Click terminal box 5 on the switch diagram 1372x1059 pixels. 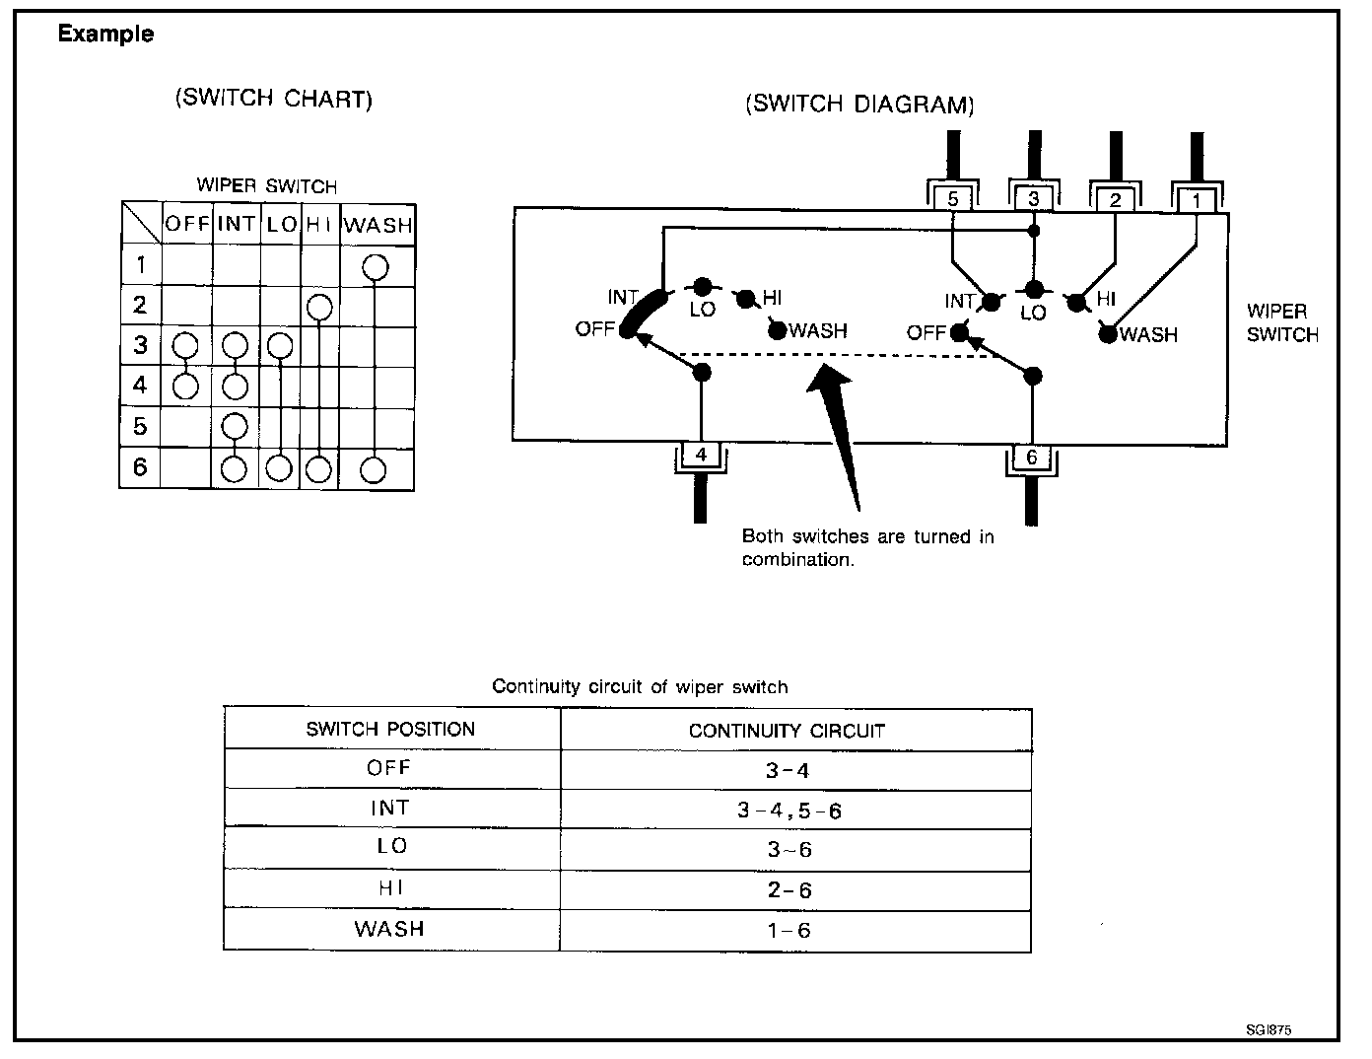click(x=952, y=199)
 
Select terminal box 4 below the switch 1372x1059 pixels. click(x=701, y=455)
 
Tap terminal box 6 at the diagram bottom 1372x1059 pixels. click(x=1032, y=457)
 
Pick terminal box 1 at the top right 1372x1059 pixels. click(x=1196, y=201)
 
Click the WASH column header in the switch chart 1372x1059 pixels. click(x=377, y=224)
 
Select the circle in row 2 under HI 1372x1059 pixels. click(x=318, y=308)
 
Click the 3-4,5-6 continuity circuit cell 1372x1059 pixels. click(x=789, y=811)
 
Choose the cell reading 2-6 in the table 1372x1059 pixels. click(x=789, y=890)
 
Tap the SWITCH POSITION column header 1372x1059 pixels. click(x=390, y=730)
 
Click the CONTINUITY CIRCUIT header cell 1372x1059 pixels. click(x=787, y=731)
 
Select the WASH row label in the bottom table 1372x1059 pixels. click(x=389, y=929)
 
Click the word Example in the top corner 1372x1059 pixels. click(x=105, y=34)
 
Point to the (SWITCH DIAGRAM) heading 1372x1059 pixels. click(x=859, y=105)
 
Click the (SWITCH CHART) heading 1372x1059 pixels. click(x=273, y=100)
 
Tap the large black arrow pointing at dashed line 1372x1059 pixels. click(x=838, y=424)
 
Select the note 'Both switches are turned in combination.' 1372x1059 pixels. click(x=866, y=547)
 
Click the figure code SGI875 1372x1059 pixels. click(x=1269, y=1029)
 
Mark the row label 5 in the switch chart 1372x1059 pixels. click(x=140, y=426)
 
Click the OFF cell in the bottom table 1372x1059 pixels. click(x=389, y=768)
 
